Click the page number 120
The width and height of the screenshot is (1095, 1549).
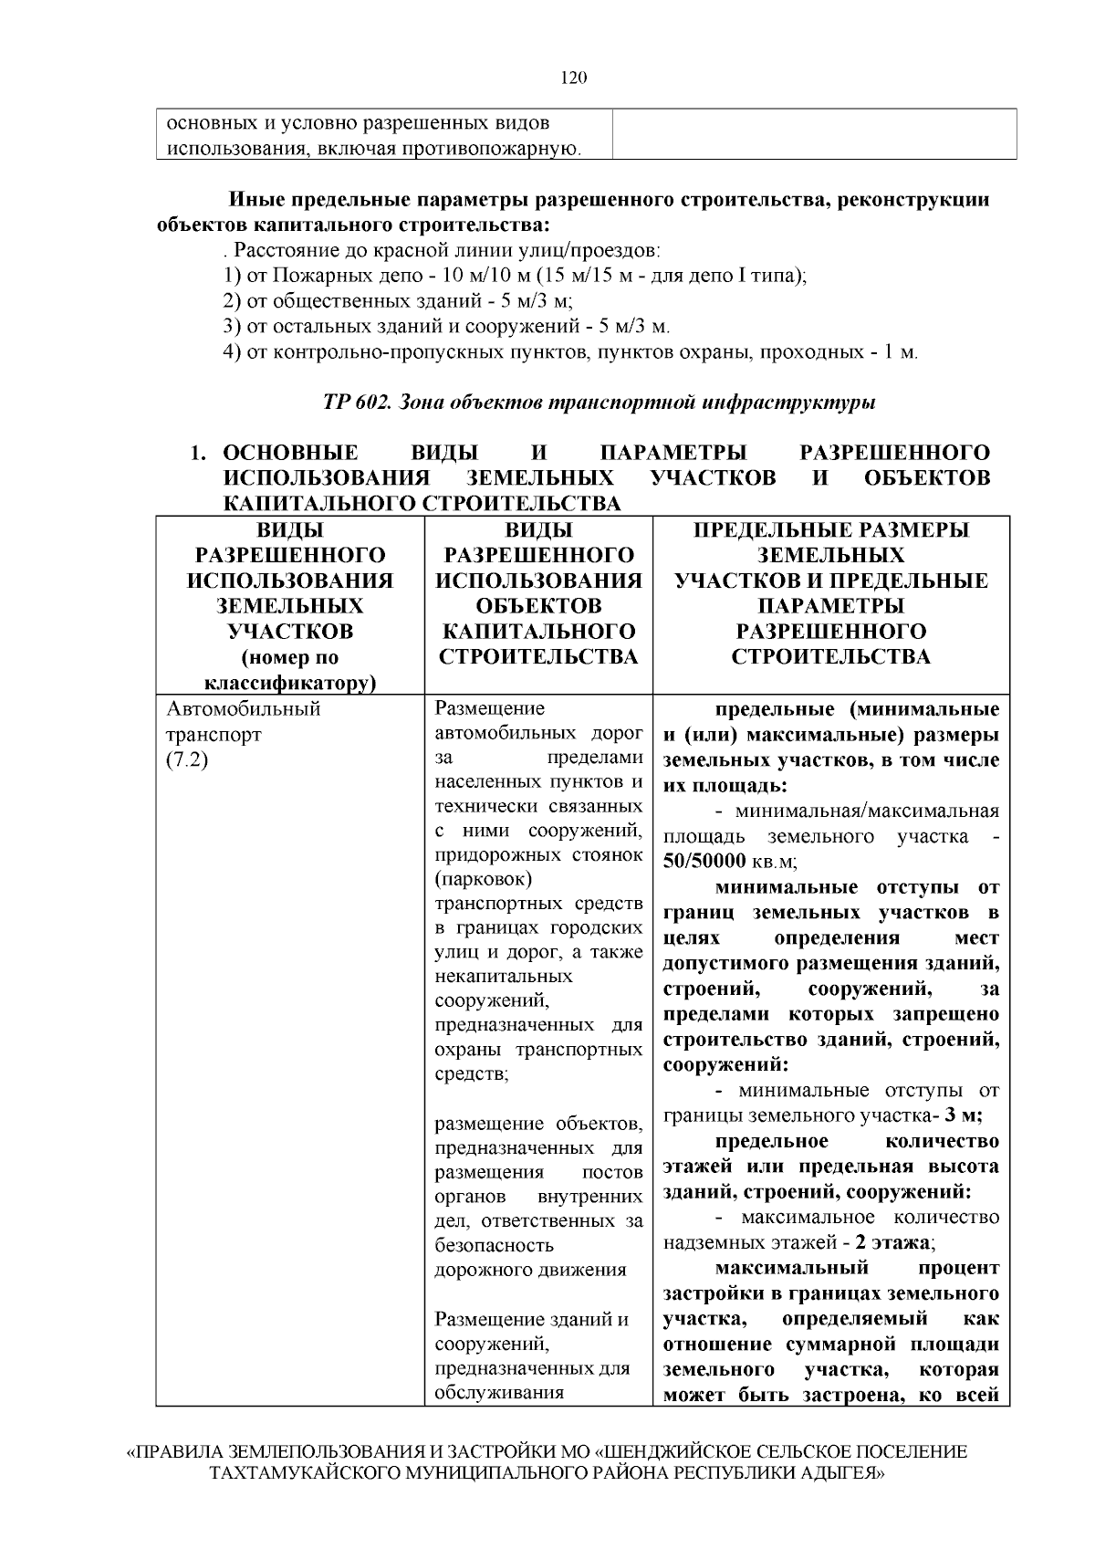573,78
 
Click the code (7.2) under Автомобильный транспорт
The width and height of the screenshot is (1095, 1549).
186,760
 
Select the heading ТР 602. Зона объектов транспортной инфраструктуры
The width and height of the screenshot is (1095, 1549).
599,402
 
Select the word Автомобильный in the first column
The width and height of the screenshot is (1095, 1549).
243,709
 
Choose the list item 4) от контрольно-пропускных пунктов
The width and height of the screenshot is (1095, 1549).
570,352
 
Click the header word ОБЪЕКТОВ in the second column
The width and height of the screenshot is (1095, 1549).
538,606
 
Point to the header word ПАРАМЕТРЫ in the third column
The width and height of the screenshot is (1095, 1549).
830,606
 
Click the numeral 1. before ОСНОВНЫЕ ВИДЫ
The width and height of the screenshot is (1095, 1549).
198,454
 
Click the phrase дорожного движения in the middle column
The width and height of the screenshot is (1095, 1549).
530,1270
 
